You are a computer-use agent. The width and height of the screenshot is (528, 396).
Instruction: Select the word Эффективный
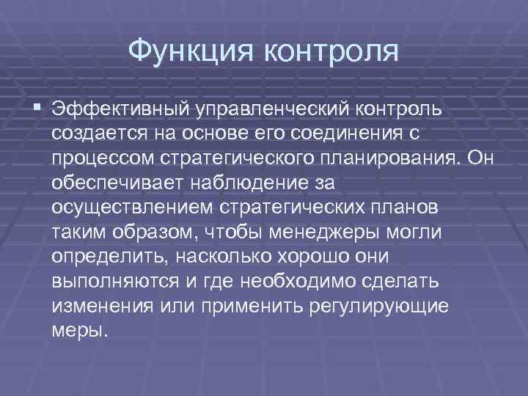point(118,110)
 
